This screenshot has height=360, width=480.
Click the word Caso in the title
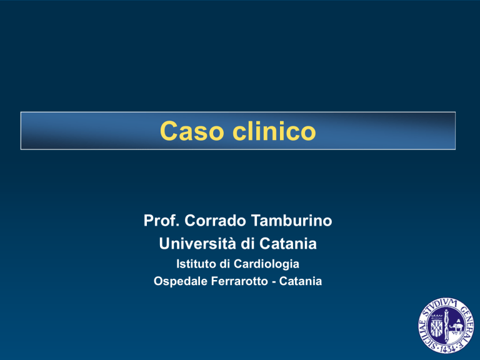point(192,131)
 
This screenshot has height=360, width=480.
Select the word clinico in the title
point(274,131)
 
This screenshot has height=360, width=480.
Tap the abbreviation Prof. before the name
point(161,221)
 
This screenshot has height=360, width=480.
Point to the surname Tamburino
point(291,221)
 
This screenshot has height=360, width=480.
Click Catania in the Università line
point(287,243)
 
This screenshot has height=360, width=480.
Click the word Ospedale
point(180,281)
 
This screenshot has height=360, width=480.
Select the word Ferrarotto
point(240,281)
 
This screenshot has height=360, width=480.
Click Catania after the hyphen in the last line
point(300,281)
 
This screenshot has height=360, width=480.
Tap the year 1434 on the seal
point(449,349)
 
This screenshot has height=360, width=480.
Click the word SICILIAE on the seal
point(426,334)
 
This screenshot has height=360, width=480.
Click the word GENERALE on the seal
point(466,324)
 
